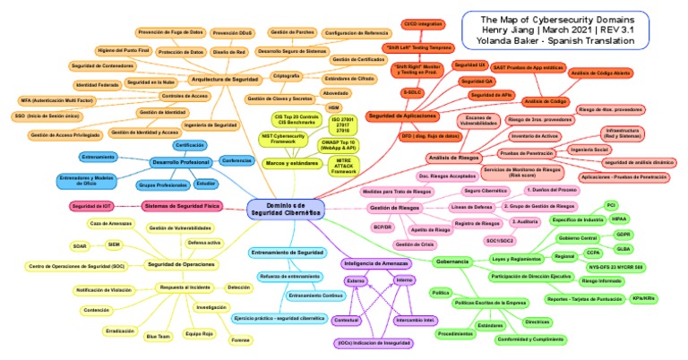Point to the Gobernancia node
coord(452,261)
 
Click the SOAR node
coord(79,244)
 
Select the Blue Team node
coord(158,336)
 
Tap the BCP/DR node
coord(383,227)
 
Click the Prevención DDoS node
coord(233,33)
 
